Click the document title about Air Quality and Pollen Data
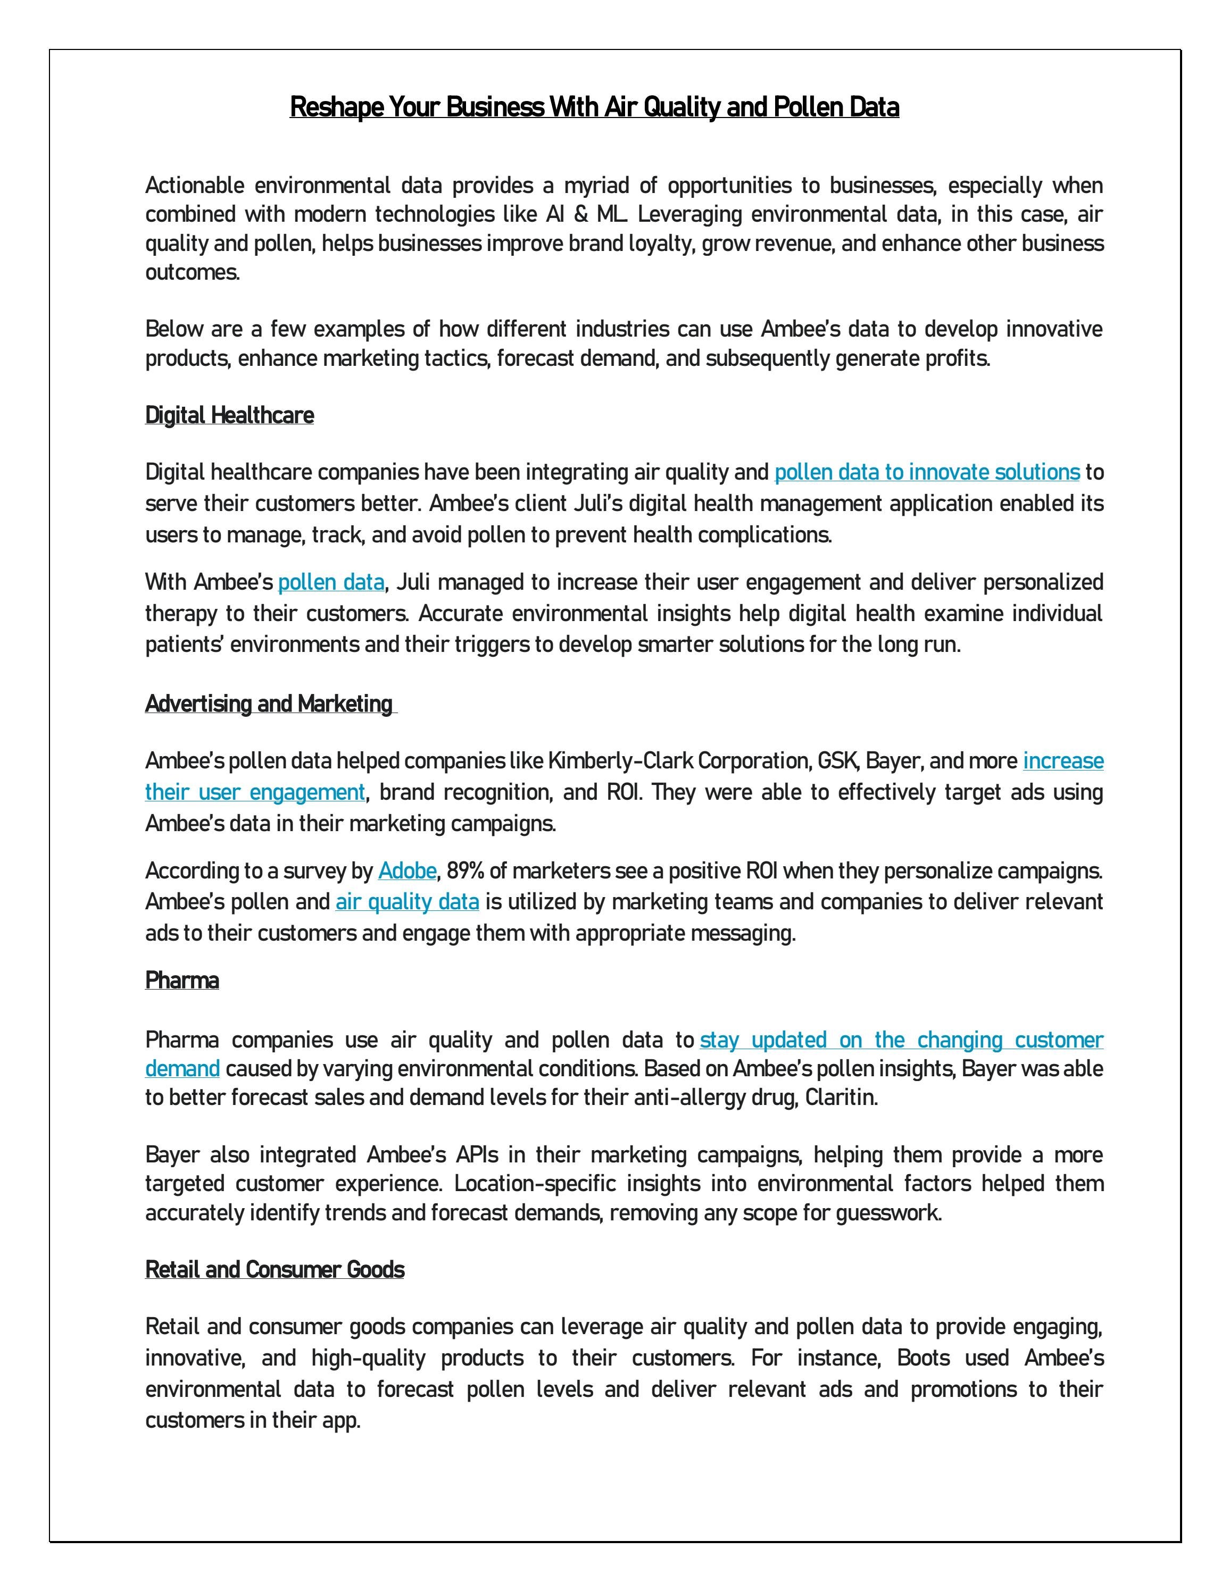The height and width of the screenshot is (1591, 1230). tap(594, 107)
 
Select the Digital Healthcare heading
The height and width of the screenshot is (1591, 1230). tap(229, 415)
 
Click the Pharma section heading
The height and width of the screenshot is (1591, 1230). tap(182, 981)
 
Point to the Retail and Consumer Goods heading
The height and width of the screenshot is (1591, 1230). tap(275, 1270)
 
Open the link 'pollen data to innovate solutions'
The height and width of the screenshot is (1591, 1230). tap(926, 472)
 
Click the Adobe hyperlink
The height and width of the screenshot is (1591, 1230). tap(406, 870)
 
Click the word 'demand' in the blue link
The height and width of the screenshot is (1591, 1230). tap(182, 1069)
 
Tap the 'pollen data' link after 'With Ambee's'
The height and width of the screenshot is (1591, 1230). tap(331, 582)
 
